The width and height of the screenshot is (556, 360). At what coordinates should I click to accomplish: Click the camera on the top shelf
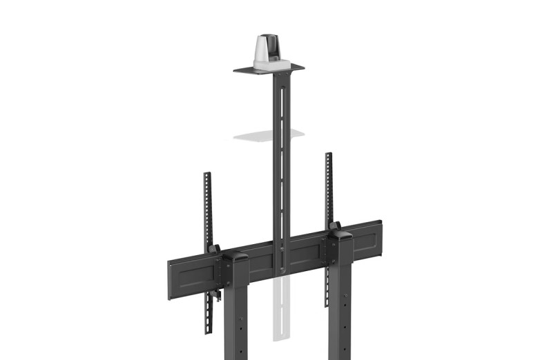point(271,50)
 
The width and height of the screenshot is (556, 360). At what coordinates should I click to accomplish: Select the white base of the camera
point(271,63)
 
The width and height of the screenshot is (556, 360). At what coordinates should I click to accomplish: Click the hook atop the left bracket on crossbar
point(214,248)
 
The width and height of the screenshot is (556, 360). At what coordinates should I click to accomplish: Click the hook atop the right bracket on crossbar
point(335,226)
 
